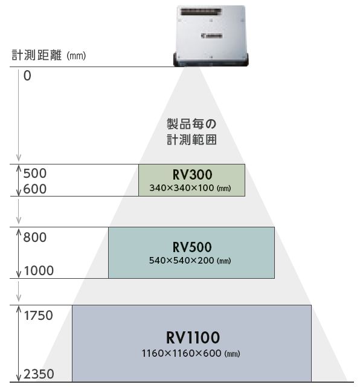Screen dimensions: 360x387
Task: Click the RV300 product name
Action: [192, 175]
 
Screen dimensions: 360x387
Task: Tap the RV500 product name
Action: [192, 247]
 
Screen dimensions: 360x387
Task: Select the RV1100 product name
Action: [193, 337]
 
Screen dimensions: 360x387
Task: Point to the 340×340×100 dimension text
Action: [190, 188]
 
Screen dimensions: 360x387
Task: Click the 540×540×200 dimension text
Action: [190, 261]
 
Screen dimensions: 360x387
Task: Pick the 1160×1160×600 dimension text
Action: [191, 353]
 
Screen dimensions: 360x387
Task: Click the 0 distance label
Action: [27, 76]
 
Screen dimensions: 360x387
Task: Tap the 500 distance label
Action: [35, 174]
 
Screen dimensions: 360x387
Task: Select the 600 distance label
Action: [35, 189]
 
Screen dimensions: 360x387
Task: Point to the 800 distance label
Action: [35, 238]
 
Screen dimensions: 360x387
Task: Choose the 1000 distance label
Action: [39, 270]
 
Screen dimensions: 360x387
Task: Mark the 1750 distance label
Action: [39, 316]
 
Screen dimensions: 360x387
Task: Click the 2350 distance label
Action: [39, 374]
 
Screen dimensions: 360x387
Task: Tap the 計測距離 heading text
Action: [36, 55]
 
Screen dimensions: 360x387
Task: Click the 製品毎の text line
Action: [191, 124]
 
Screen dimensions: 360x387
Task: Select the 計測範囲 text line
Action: [191, 140]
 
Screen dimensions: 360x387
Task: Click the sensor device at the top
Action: [211, 36]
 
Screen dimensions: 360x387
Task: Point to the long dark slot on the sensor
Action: [201, 12]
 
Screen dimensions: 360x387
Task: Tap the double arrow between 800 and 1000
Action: [19, 253]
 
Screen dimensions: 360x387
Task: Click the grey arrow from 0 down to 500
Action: [19, 115]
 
